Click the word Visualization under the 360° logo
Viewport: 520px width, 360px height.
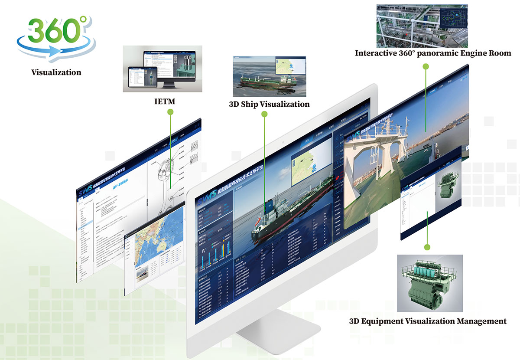coord(56,72)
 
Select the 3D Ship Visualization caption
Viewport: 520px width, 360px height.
coord(269,104)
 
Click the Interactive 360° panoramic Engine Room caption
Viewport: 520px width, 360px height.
coord(433,53)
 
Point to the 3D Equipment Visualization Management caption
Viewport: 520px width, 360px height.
coord(428,321)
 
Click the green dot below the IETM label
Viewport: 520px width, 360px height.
coord(170,112)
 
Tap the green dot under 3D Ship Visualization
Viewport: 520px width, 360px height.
coord(264,114)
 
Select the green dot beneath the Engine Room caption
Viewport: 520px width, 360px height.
coord(426,66)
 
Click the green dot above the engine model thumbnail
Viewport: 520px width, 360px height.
coord(427,247)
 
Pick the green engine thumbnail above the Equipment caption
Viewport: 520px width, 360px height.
coord(430,283)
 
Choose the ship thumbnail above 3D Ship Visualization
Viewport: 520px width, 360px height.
coord(269,76)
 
